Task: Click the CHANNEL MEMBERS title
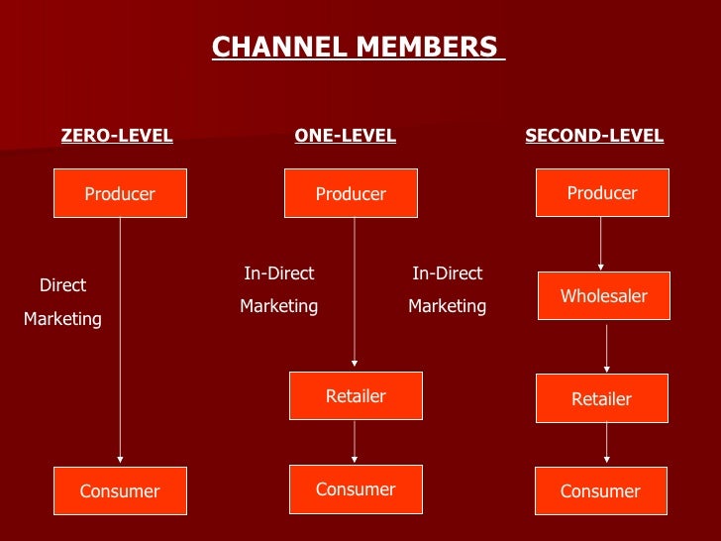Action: point(358,47)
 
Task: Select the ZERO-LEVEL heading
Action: point(117,136)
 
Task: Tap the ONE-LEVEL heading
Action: point(345,136)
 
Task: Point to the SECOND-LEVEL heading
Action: point(594,136)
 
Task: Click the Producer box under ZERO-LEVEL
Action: point(120,193)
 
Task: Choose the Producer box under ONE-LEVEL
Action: point(351,193)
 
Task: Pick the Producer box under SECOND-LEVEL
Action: point(602,192)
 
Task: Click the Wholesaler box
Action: point(604,295)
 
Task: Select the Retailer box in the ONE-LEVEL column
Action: point(356,395)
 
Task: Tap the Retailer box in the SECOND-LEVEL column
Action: point(601,398)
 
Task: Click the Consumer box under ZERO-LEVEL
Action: point(120,490)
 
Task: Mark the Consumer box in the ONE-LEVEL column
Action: point(356,488)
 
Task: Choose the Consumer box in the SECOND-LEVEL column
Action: point(600,490)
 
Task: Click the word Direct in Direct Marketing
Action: point(62,285)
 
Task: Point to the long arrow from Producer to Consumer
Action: point(120,337)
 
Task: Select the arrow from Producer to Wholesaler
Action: point(601,243)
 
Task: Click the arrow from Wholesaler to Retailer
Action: point(606,347)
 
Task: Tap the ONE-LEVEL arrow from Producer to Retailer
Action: point(355,292)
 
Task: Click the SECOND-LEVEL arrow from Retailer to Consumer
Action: point(606,444)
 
